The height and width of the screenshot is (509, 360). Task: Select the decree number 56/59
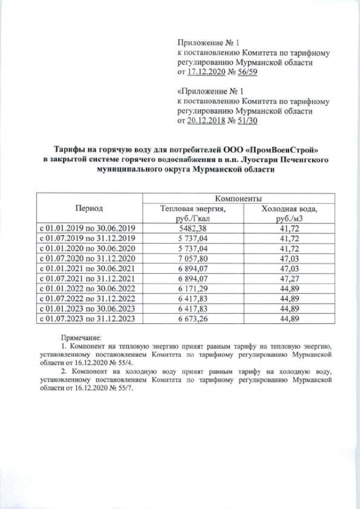click(x=247, y=73)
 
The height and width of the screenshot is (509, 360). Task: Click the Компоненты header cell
click(x=237, y=199)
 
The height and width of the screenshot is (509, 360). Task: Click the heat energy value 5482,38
click(x=192, y=228)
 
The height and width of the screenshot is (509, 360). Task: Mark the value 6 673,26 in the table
click(x=192, y=319)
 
